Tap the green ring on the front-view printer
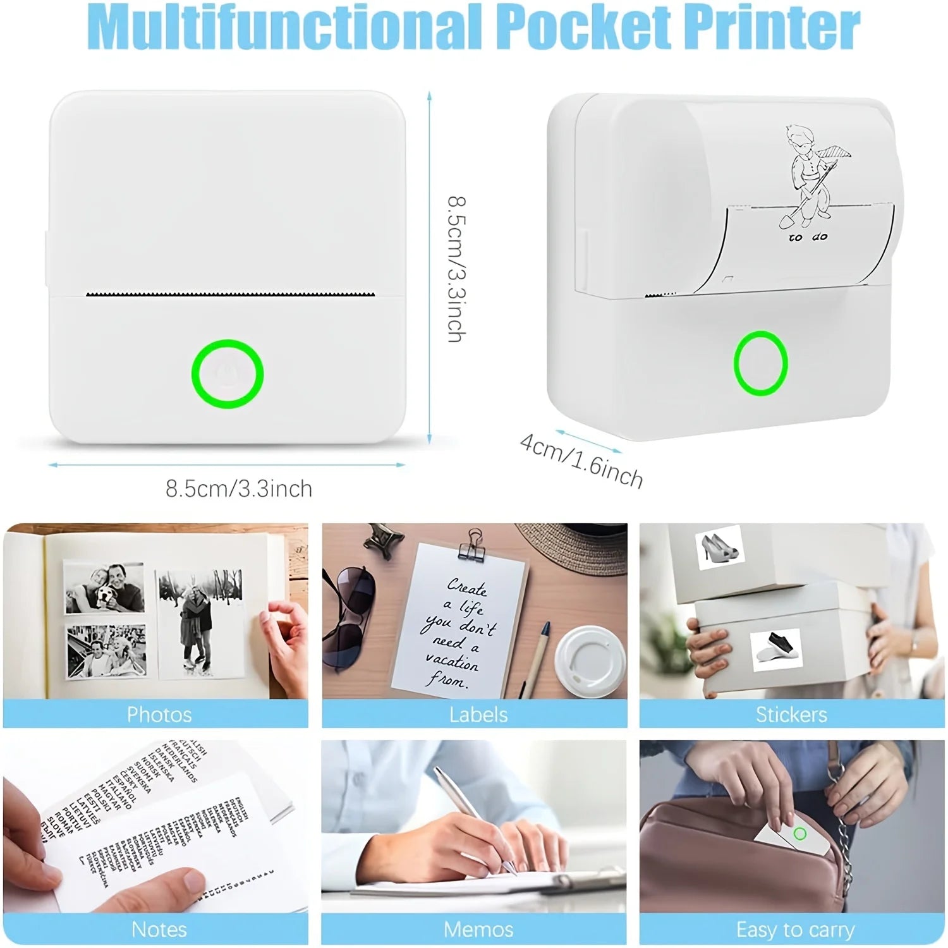[x=228, y=374]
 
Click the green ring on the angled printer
[x=760, y=363]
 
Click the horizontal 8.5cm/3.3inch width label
[x=239, y=489]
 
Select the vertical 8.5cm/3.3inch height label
[x=457, y=269]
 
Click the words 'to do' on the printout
[x=808, y=238]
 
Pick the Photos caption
[x=159, y=714]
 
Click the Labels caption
[x=478, y=714]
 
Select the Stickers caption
[x=791, y=714]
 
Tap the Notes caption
[x=159, y=929]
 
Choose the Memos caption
[x=478, y=929]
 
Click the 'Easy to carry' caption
[x=795, y=930]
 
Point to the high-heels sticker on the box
[x=719, y=547]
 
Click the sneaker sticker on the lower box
[x=775, y=650]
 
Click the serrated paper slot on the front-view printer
[x=229, y=295]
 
